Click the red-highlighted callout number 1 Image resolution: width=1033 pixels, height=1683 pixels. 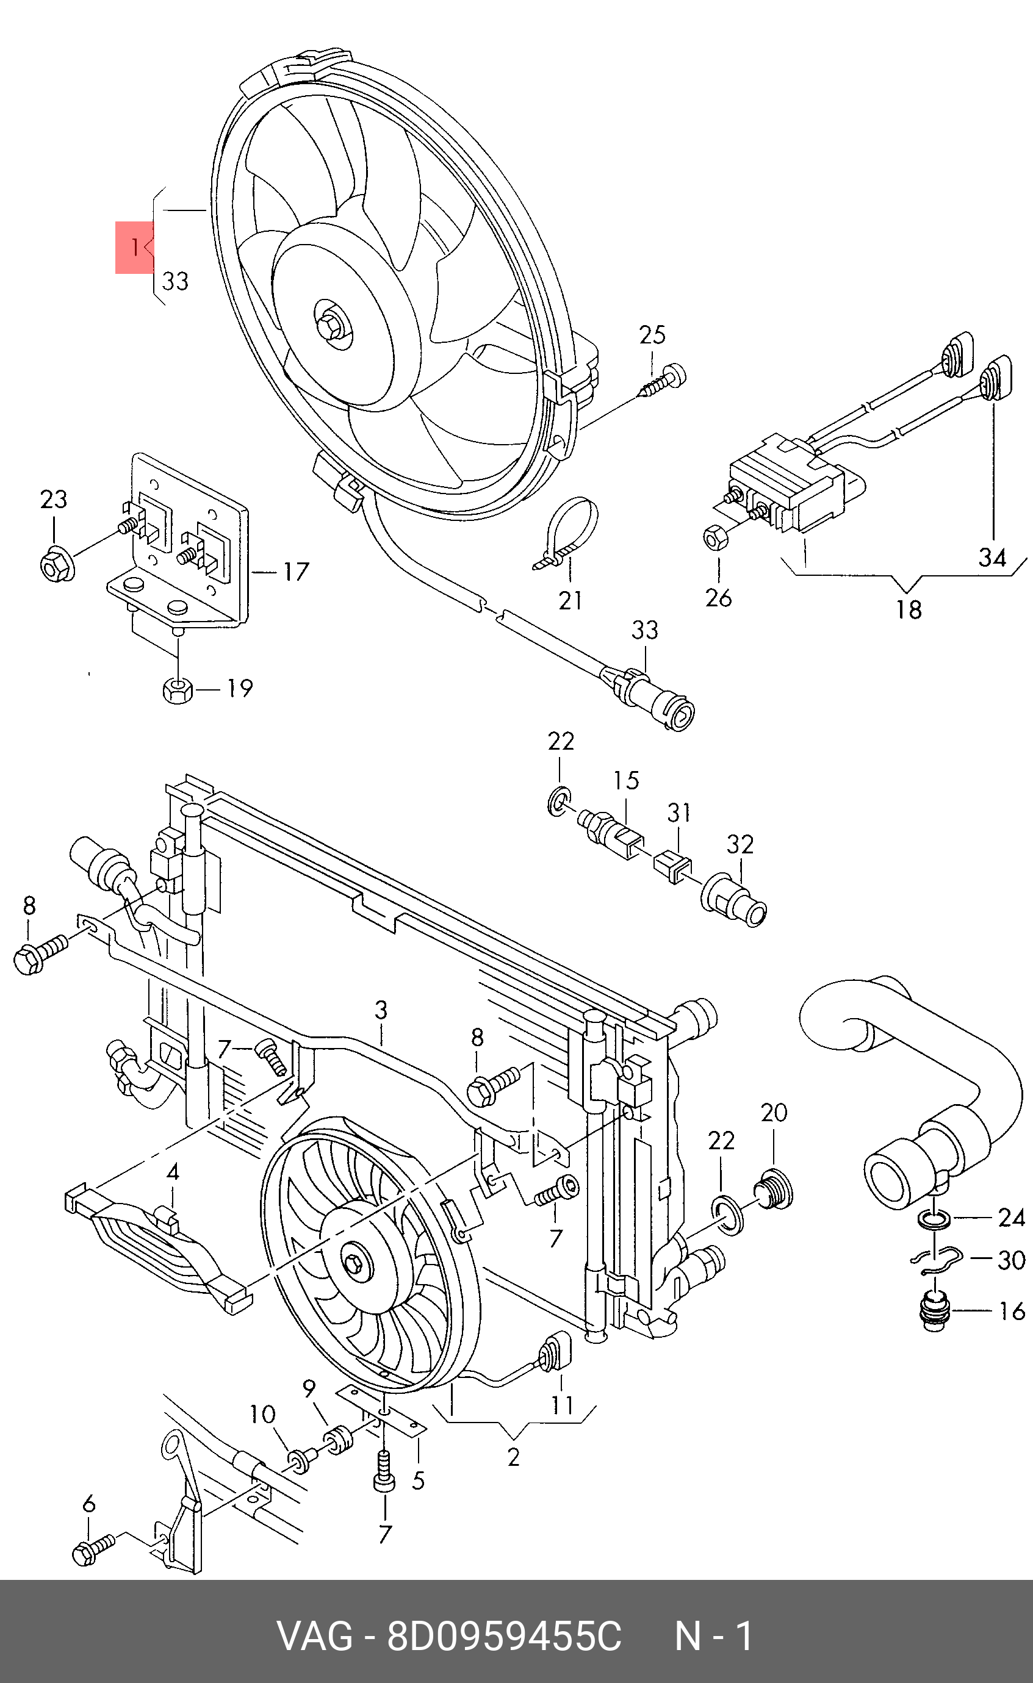[135, 246]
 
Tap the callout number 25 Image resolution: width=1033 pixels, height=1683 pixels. [652, 335]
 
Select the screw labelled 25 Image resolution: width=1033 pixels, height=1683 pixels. [663, 381]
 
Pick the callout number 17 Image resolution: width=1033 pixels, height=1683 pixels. [296, 572]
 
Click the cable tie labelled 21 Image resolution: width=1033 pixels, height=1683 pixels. [566, 534]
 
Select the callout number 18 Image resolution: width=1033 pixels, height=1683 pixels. [909, 609]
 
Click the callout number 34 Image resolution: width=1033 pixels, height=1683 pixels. [992, 558]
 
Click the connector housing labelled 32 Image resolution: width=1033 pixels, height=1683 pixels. [735, 900]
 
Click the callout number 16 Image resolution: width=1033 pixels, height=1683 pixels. [1012, 1311]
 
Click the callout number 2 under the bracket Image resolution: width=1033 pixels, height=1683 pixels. [514, 1457]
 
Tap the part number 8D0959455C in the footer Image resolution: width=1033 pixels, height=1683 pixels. [504, 1637]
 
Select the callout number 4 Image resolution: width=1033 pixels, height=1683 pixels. [173, 1172]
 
